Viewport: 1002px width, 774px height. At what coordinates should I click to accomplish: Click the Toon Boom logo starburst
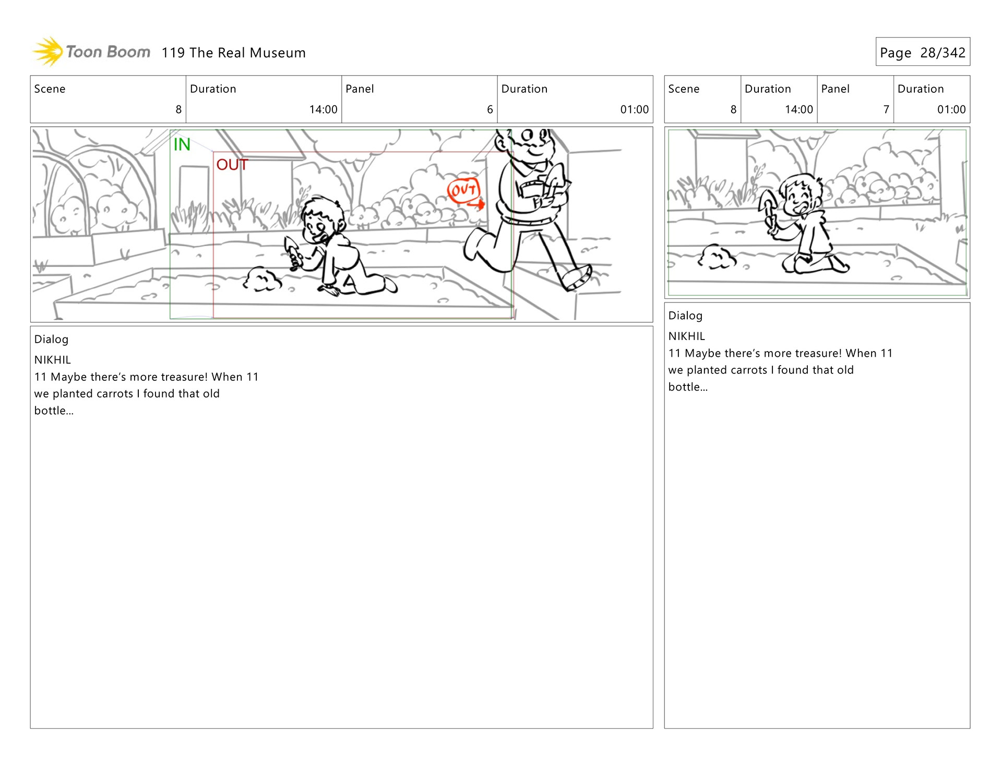click(49, 52)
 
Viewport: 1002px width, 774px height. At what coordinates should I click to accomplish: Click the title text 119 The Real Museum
click(233, 53)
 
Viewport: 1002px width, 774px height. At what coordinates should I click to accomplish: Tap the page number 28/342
click(943, 53)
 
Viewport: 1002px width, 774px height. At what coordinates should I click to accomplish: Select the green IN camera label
click(182, 144)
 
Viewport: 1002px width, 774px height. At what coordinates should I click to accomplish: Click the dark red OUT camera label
click(232, 165)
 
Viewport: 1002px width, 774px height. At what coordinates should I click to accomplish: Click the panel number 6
click(490, 110)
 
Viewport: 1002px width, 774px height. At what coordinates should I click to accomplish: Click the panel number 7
click(886, 110)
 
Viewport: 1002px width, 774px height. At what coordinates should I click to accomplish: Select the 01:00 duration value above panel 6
click(634, 110)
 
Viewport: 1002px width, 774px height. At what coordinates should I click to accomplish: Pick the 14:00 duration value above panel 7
click(798, 110)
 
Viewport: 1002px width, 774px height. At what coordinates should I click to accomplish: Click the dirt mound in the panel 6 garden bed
click(262, 279)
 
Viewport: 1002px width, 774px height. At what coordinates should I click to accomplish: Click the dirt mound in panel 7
click(717, 257)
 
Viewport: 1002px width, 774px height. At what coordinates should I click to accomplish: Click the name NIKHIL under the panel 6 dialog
click(53, 360)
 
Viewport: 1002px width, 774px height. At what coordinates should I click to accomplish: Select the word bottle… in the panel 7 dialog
click(688, 387)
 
